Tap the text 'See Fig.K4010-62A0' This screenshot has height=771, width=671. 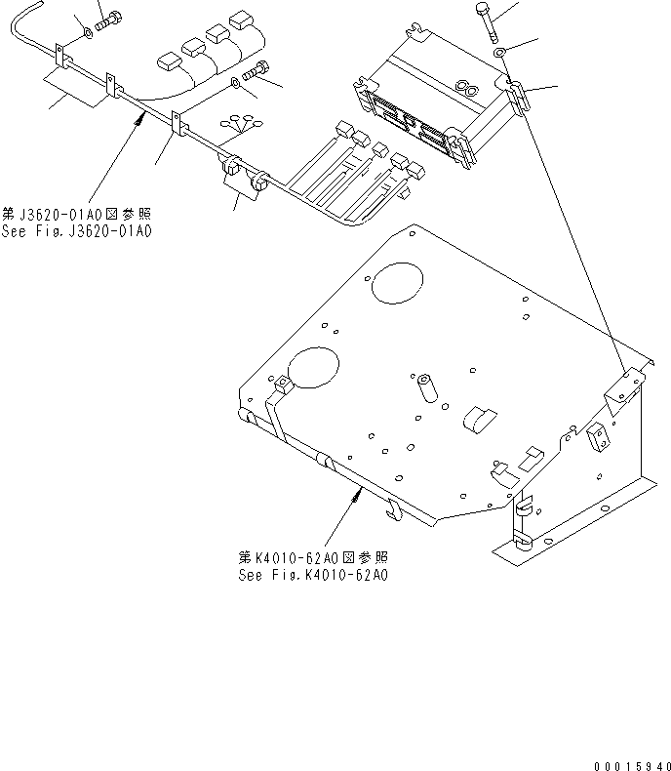(x=313, y=576)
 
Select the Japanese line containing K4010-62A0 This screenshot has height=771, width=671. (x=313, y=557)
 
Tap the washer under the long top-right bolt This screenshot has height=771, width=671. (x=498, y=52)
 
